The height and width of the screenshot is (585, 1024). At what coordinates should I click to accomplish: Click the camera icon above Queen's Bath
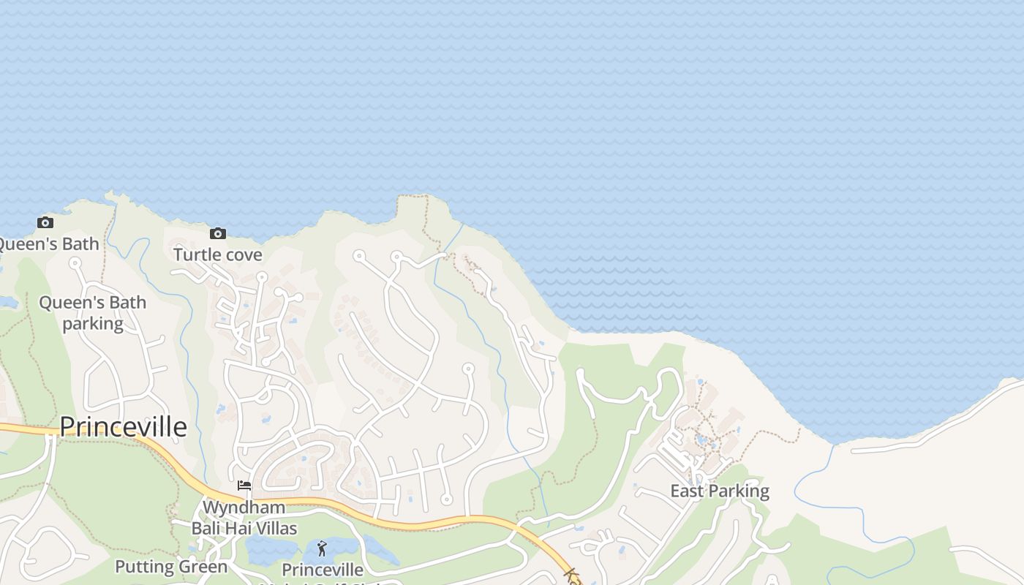(x=45, y=222)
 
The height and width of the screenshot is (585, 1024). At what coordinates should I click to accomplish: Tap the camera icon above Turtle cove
(x=217, y=233)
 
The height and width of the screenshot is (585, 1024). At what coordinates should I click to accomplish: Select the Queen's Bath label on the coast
(x=48, y=244)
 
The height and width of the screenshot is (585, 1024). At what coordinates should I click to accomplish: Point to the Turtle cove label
(x=217, y=254)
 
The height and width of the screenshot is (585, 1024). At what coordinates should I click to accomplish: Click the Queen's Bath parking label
(x=92, y=312)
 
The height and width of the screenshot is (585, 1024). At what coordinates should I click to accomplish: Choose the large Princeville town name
(x=123, y=426)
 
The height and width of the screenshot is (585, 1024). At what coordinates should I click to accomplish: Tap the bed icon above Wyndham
(x=244, y=486)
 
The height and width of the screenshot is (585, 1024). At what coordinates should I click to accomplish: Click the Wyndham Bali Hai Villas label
(x=244, y=518)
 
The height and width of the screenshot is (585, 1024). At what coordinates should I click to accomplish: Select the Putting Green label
(x=171, y=567)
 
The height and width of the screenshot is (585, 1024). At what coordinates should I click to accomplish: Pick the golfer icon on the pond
(x=322, y=548)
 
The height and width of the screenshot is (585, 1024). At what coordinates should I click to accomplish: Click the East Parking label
(x=720, y=491)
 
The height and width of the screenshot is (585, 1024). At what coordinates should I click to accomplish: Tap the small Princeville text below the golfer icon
(x=322, y=570)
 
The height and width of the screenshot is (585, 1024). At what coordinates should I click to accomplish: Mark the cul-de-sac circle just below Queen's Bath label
(x=75, y=263)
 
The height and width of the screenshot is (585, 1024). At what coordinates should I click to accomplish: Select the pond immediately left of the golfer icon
(x=271, y=548)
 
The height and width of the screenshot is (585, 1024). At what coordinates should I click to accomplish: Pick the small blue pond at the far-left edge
(x=7, y=302)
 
